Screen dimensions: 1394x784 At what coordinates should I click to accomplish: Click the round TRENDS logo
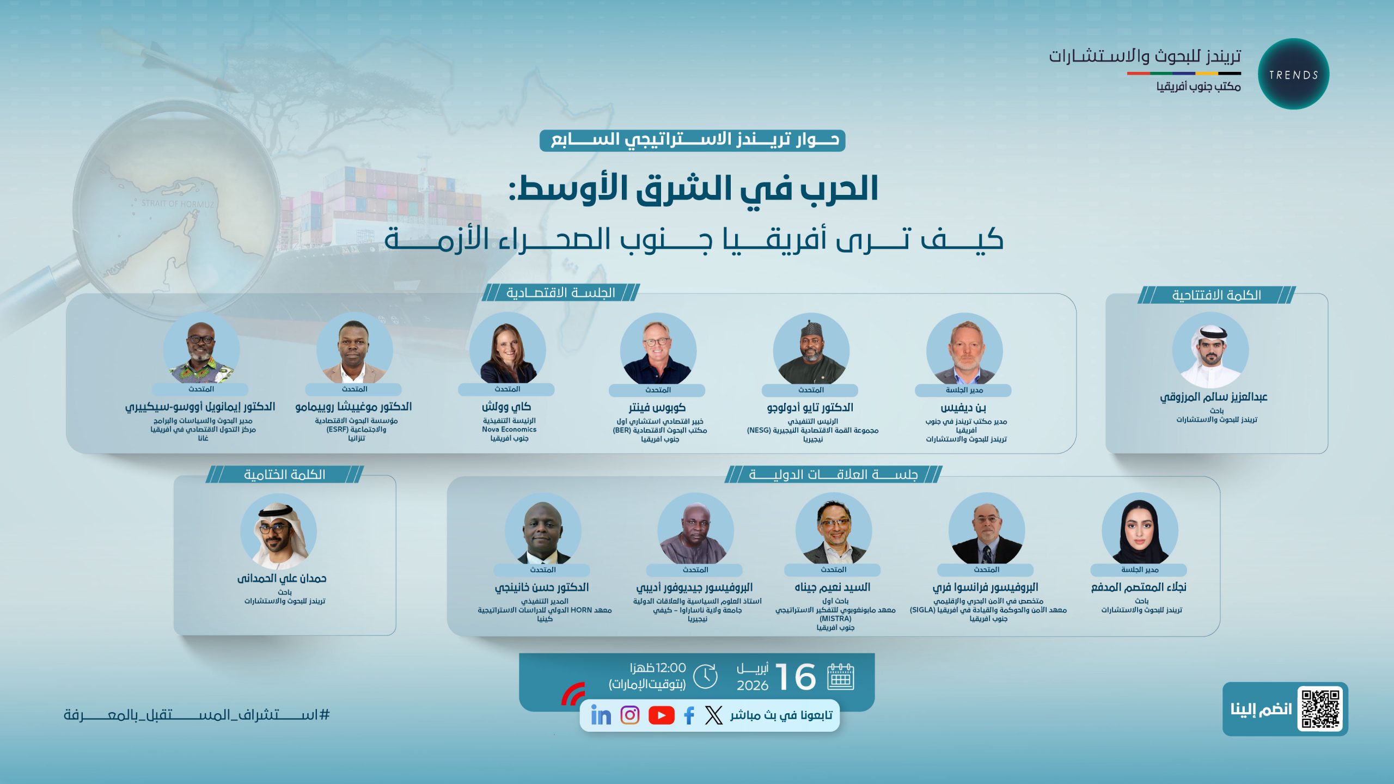point(1293,74)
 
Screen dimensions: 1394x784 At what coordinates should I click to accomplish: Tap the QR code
point(1320,709)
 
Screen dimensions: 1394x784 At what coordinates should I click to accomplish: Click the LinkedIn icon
point(601,715)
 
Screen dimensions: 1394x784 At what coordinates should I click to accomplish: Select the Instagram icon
point(630,715)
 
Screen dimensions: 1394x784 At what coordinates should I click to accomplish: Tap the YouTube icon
point(661,715)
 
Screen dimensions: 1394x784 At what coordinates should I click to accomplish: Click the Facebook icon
point(689,715)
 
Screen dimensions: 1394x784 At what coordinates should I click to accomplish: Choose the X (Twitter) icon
point(713,715)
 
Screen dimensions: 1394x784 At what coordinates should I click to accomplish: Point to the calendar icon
point(841,677)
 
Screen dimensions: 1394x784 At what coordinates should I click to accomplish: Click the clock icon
point(706,676)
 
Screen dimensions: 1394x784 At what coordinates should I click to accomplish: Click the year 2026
point(753,685)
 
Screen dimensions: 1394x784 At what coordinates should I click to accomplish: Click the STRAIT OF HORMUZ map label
point(178,204)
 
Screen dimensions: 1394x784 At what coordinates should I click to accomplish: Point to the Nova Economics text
point(509,430)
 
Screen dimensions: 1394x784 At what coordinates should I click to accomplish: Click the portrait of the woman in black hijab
point(1140,531)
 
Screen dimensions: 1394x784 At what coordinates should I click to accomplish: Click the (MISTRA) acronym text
point(835,619)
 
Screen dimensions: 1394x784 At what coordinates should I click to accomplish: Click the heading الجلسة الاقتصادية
point(561,293)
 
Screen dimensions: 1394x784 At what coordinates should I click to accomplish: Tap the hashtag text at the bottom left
point(197,714)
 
